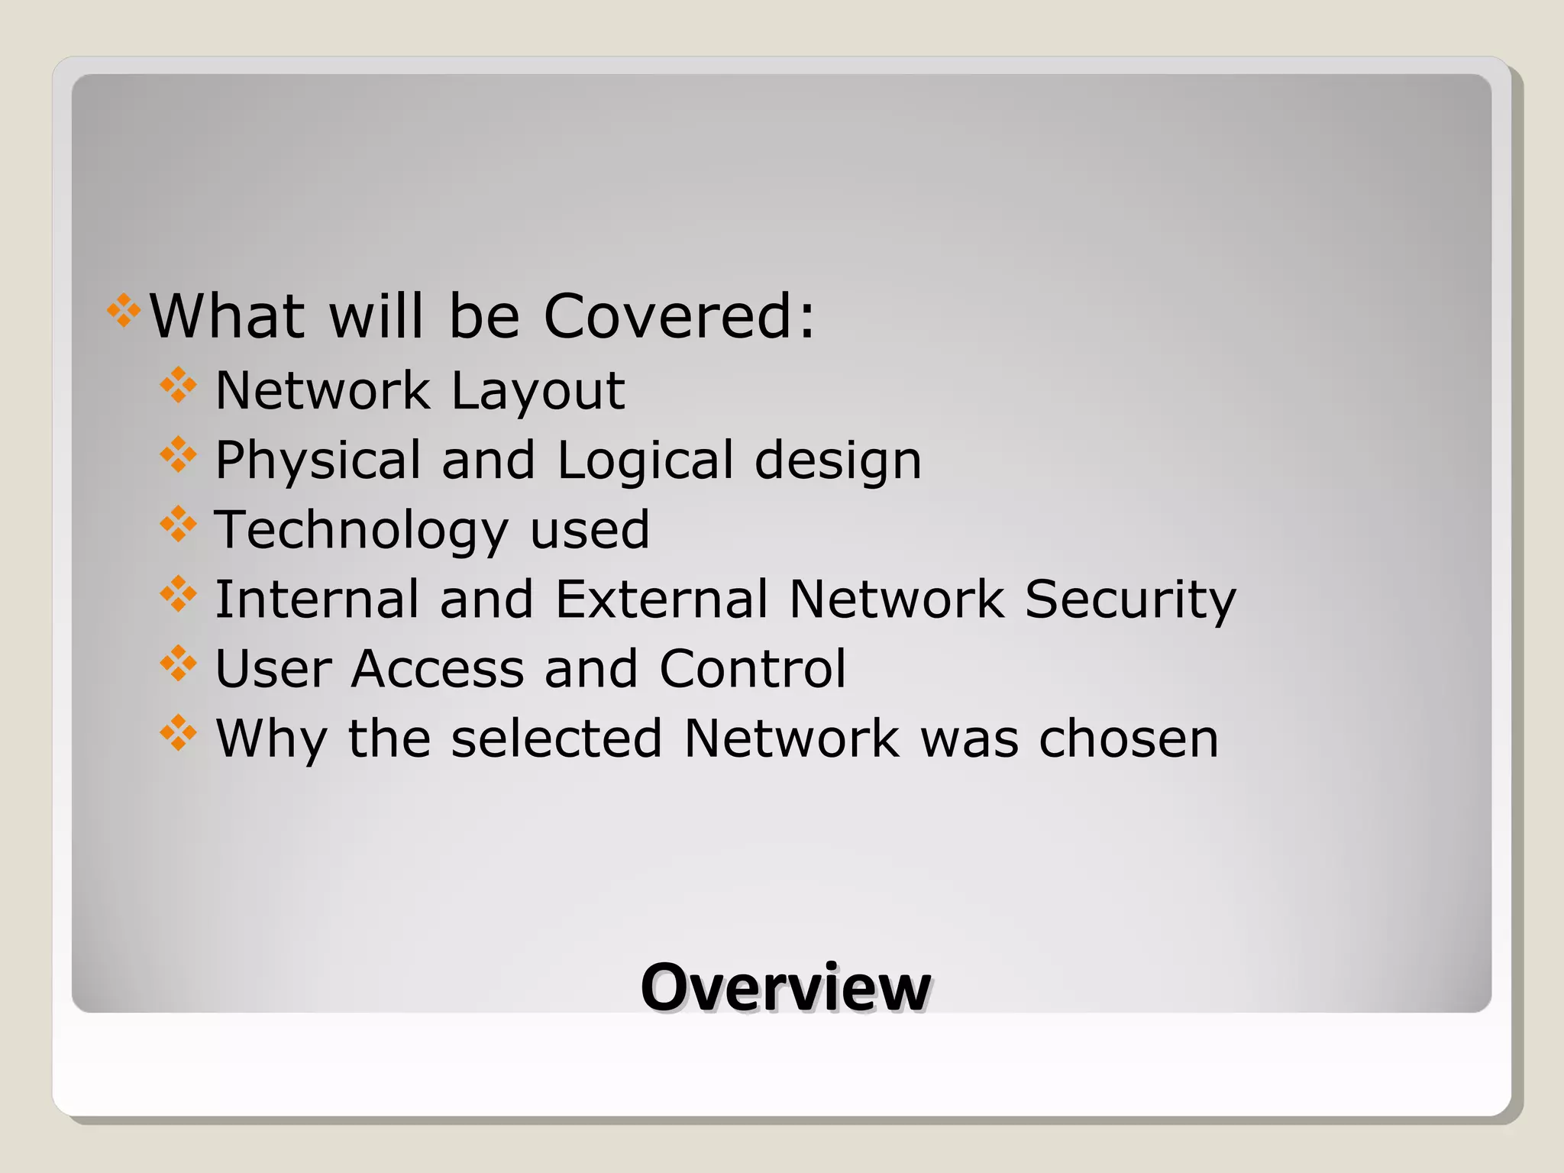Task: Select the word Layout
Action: (x=538, y=391)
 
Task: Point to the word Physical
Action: (x=318, y=460)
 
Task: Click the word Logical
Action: (x=645, y=460)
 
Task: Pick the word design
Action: (x=838, y=460)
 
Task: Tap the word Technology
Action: (x=360, y=530)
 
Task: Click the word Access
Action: (x=438, y=669)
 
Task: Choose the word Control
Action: (x=752, y=669)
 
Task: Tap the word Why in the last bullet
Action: (x=271, y=738)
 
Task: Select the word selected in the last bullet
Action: (x=557, y=738)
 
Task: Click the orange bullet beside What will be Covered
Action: (x=124, y=311)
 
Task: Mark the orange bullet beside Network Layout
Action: (x=178, y=386)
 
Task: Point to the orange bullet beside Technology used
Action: (x=178, y=525)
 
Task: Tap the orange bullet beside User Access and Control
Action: (x=178, y=664)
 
